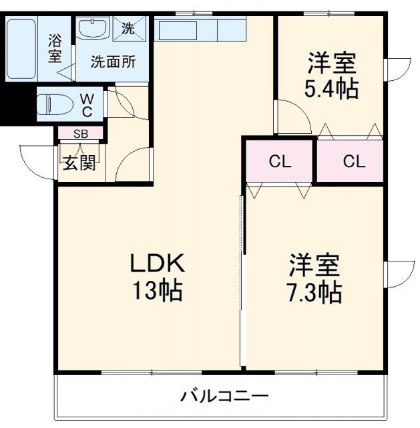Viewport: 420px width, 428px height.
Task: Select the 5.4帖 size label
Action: pyautogui.click(x=331, y=89)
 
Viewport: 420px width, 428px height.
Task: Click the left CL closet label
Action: pyautogui.click(x=279, y=161)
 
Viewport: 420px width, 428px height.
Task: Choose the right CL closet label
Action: pyautogui.click(x=354, y=161)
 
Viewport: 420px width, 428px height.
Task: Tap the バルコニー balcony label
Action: pyautogui.click(x=224, y=396)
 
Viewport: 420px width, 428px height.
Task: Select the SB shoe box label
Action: pyautogui.click(x=80, y=134)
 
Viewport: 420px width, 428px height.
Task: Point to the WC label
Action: pyautogui.click(x=87, y=105)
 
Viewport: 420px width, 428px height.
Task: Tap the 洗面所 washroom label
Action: pyautogui.click(x=114, y=62)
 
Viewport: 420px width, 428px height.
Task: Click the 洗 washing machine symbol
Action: pyautogui.click(x=127, y=29)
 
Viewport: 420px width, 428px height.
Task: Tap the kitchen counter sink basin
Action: pyautogui.click(x=177, y=30)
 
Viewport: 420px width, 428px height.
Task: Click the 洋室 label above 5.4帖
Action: pyautogui.click(x=331, y=64)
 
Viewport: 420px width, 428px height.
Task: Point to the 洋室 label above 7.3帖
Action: pyautogui.click(x=314, y=265)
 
